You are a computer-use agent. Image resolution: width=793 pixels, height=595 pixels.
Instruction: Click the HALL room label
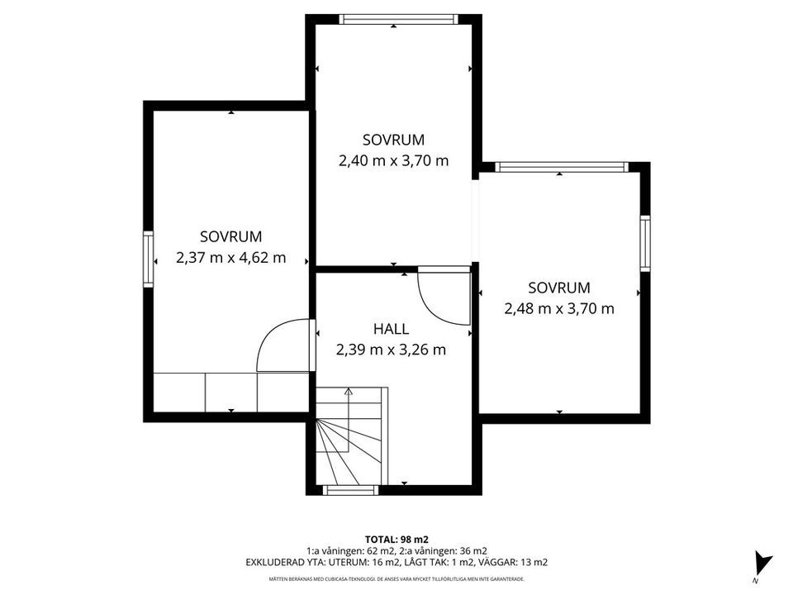click(391, 329)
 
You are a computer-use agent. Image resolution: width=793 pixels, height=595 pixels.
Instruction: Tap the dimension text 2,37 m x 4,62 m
click(231, 258)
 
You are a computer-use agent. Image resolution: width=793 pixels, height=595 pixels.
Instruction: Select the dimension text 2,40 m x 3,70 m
click(393, 161)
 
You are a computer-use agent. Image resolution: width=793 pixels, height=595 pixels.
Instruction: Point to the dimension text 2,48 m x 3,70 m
click(559, 308)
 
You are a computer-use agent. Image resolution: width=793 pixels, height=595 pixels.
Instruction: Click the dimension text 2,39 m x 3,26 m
click(391, 350)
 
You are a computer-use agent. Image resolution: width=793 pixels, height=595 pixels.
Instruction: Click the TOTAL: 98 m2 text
click(396, 540)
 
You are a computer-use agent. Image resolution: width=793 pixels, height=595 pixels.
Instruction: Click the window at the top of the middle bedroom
click(398, 19)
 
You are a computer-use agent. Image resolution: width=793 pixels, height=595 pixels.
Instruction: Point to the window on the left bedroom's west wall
click(148, 259)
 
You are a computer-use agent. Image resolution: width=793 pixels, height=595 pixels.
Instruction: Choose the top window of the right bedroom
click(562, 167)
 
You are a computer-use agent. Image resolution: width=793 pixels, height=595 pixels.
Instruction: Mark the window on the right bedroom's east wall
click(645, 243)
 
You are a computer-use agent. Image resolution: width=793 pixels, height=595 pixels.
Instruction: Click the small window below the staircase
click(350, 490)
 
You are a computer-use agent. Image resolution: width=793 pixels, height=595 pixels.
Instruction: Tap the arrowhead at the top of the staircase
click(348, 391)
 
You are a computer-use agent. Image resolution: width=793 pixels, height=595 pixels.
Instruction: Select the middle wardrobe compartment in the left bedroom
click(231, 392)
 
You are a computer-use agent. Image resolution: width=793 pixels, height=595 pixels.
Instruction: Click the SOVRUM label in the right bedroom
click(559, 288)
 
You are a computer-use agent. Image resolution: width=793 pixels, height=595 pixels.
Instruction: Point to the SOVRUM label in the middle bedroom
click(393, 140)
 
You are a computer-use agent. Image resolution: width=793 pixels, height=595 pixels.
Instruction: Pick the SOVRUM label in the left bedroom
click(231, 236)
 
